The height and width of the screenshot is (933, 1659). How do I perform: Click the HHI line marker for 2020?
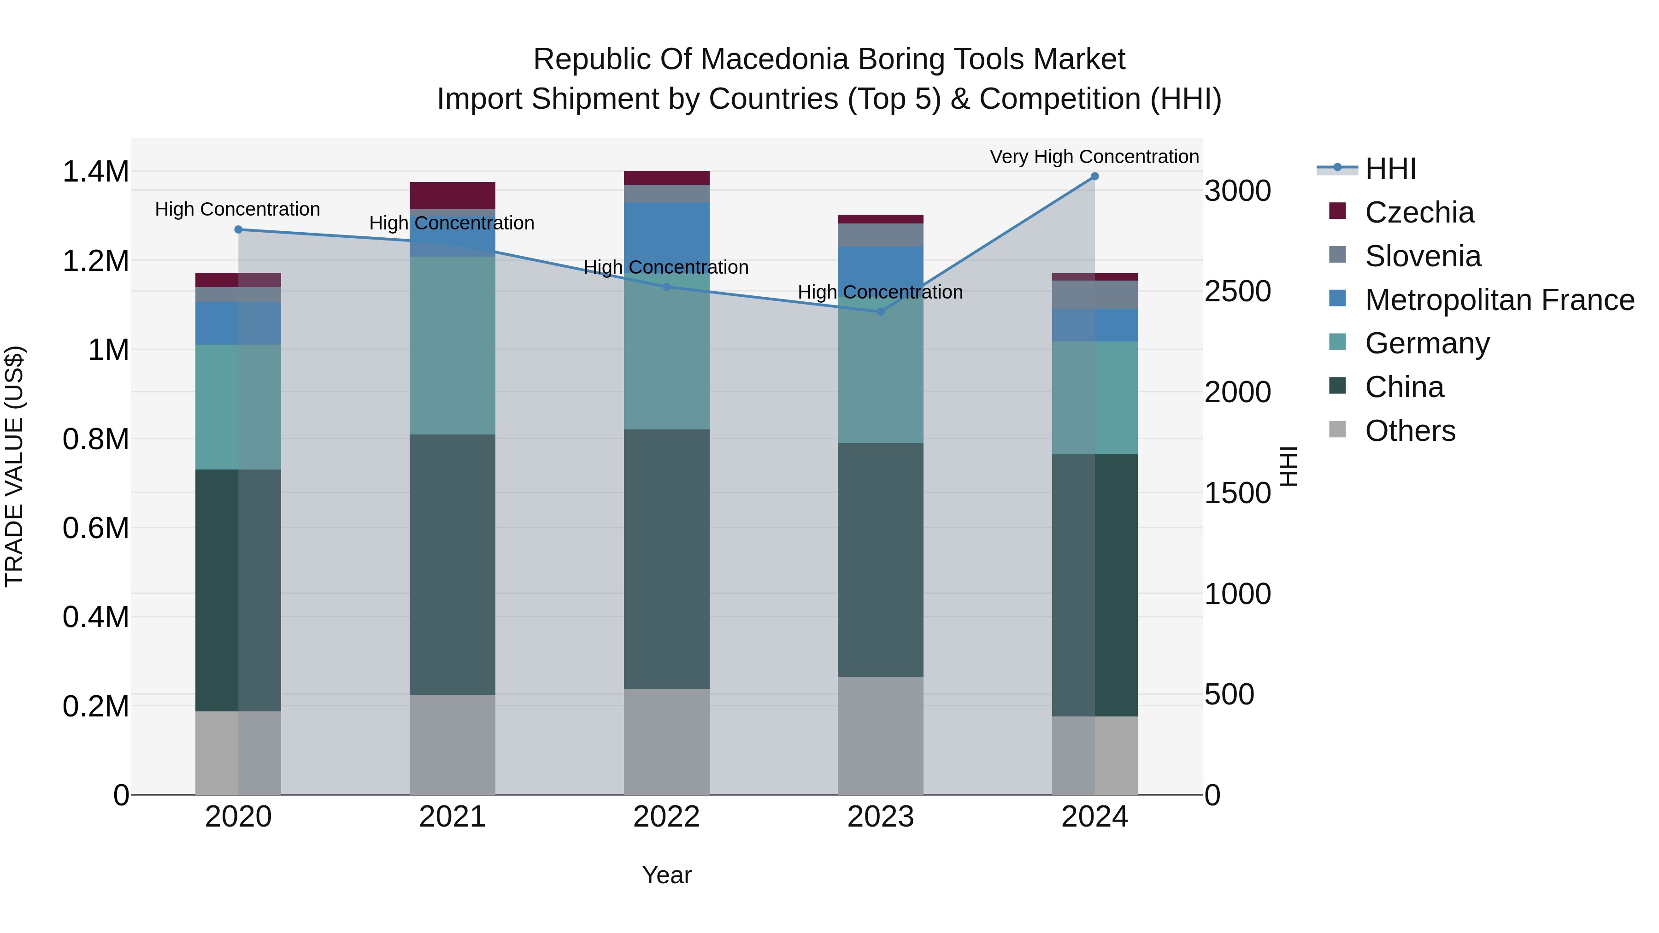(x=238, y=229)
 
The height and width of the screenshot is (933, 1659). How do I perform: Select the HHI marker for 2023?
(x=880, y=311)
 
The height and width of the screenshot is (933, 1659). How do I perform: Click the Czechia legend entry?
(x=1419, y=212)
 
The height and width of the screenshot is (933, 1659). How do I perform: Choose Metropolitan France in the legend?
(x=1499, y=300)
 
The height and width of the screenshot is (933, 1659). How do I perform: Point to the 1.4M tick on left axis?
(x=95, y=172)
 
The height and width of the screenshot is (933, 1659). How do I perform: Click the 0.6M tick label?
(x=95, y=528)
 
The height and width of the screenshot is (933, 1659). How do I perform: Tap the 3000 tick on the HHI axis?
(x=1237, y=191)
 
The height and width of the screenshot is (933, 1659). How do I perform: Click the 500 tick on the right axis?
(x=1229, y=694)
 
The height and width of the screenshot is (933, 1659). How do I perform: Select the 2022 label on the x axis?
(x=666, y=817)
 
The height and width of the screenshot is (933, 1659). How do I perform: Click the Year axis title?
(x=666, y=875)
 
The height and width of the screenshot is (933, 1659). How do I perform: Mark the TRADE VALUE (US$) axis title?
(x=14, y=466)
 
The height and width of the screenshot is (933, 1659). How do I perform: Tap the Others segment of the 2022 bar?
(x=666, y=741)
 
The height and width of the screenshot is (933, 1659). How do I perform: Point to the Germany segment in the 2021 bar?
(x=452, y=345)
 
